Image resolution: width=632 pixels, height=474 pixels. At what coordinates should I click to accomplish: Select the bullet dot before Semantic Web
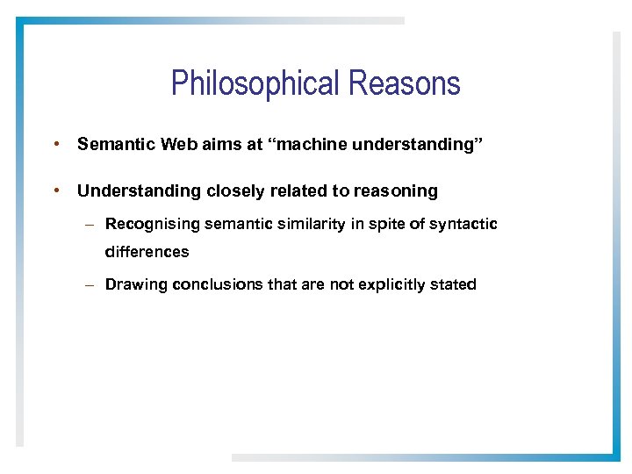[55, 143]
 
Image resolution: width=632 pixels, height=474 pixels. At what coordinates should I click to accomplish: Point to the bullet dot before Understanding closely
[55, 190]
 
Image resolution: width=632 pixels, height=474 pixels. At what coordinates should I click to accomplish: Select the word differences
[147, 252]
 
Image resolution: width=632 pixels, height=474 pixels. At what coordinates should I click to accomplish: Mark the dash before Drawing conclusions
[90, 285]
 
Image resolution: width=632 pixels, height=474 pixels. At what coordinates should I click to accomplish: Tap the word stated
[454, 284]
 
